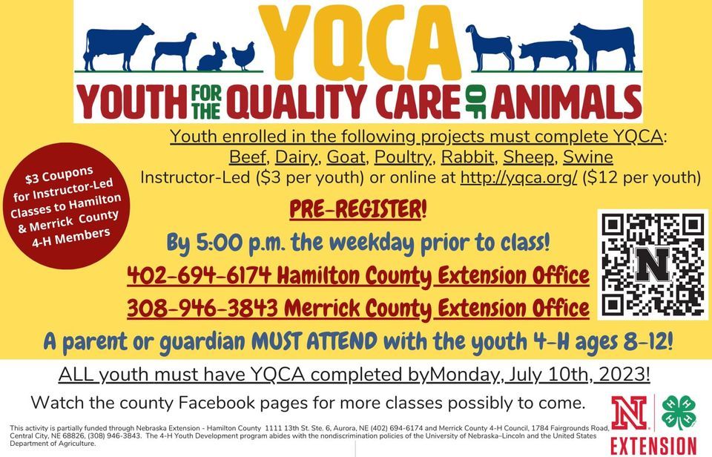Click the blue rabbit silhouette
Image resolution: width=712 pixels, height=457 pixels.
coord(212,58)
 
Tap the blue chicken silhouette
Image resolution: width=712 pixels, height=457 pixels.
coord(243,56)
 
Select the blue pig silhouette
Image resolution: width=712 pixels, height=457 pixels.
coord(547,56)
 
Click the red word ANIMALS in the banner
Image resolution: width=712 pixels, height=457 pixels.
coord(566,102)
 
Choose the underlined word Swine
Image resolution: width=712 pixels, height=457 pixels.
coord(588,157)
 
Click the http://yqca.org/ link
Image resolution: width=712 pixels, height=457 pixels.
coord(518,177)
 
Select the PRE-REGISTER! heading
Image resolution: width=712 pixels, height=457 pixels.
coord(358,209)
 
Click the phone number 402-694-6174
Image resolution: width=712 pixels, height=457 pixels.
coord(199,274)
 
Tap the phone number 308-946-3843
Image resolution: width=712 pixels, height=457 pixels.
coord(202,308)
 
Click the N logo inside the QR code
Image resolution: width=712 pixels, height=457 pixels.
coord(653,264)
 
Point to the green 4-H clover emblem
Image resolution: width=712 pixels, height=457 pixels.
coord(679,412)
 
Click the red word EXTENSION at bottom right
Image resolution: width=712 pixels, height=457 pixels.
coord(653,446)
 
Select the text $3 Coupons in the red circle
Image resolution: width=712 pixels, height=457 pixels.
coord(59,175)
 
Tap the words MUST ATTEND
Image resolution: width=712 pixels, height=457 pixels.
coord(314,341)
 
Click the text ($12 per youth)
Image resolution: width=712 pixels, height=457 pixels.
coord(641,177)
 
